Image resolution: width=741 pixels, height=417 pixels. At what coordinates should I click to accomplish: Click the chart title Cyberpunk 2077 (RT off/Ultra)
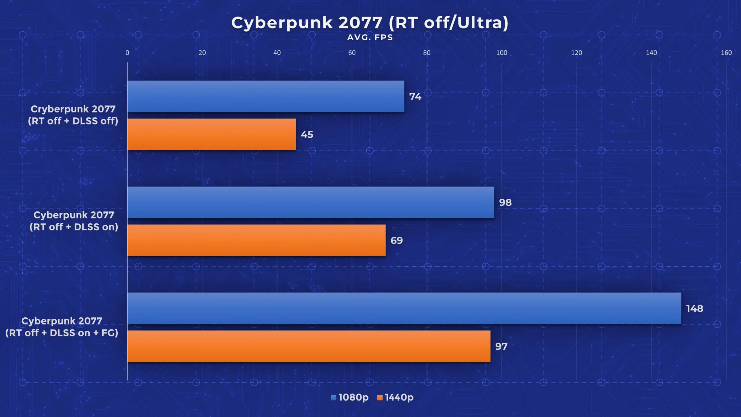[370, 23]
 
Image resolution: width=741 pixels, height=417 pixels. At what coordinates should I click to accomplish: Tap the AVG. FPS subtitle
[370, 37]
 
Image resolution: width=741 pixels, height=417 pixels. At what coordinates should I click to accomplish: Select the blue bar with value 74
[266, 96]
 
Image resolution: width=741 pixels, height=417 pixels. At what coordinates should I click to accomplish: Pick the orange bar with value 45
[211, 134]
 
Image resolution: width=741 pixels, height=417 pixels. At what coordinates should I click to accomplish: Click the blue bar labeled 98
[311, 202]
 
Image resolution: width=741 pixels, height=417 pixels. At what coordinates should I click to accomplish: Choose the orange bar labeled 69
[256, 240]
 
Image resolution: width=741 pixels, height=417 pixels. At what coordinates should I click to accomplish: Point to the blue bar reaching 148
[404, 308]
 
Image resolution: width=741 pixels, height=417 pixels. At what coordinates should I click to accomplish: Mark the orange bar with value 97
[309, 346]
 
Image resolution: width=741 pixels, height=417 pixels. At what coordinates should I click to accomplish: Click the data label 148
[694, 308]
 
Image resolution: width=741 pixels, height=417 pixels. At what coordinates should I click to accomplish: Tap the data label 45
[307, 135]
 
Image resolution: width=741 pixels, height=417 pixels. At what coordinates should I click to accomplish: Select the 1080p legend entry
[350, 397]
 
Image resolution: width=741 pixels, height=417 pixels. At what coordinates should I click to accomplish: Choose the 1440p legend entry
[395, 397]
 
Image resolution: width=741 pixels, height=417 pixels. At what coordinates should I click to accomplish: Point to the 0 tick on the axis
[127, 53]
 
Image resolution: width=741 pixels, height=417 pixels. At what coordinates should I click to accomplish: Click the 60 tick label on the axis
[352, 53]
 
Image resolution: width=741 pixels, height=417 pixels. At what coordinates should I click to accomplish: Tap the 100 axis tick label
[502, 53]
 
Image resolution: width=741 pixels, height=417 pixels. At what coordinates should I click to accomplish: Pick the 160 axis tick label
[726, 53]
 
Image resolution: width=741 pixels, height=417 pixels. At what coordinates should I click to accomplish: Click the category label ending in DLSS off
[73, 115]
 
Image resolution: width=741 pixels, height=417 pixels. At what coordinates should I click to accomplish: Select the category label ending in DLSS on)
[74, 221]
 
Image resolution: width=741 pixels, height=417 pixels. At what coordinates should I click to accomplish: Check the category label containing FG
[62, 327]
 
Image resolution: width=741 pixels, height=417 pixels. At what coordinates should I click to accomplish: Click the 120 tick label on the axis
[576, 53]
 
